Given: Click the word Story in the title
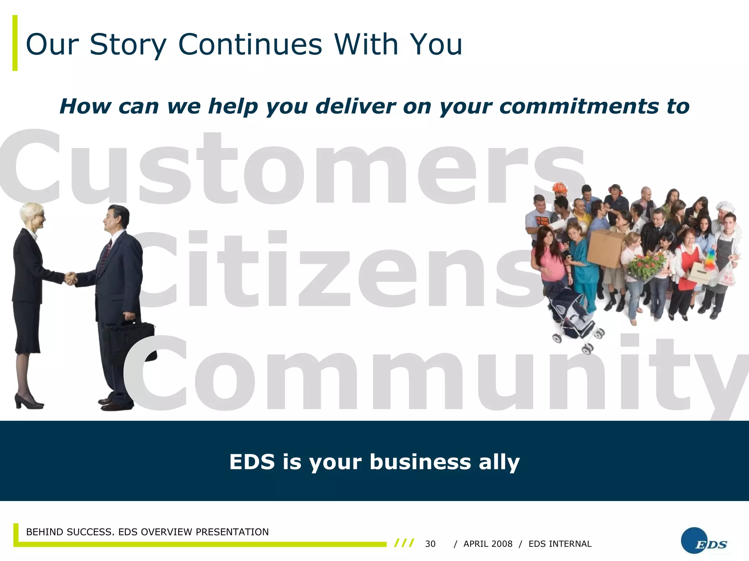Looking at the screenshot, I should [128, 45].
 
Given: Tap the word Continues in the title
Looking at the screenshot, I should [250, 45].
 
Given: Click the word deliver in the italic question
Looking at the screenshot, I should [355, 106].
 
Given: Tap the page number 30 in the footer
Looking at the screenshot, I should [430, 544].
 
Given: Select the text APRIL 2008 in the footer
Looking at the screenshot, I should [488, 544].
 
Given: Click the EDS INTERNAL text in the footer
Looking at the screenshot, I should [560, 544].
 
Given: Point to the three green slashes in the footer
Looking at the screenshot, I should [404, 543].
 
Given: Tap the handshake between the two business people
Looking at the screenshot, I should [71, 278].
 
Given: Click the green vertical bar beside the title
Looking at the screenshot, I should [15, 43].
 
